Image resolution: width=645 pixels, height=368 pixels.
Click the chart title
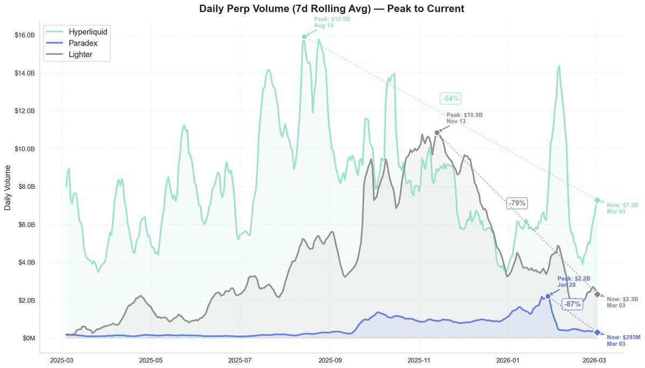pos(331,9)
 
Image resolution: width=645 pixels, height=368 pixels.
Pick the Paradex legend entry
pos(83,43)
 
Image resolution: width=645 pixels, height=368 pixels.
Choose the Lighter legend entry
pos(81,54)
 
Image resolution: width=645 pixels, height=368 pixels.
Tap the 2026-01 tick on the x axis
pos(508,359)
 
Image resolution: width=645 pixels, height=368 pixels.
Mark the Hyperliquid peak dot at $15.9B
pos(304,37)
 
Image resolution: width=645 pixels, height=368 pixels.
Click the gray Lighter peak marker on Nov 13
pos(437,132)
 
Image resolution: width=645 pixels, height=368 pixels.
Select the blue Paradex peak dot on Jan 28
pos(548,296)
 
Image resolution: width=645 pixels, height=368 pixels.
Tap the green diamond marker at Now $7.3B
pos(597,200)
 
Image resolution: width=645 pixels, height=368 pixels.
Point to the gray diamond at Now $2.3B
pos(597,294)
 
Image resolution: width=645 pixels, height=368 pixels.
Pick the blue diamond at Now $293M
pos(597,333)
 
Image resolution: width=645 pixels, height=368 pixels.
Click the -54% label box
pos(450,98)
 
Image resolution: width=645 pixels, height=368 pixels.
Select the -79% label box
pos(517,203)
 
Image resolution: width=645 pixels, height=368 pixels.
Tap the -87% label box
pos(572,304)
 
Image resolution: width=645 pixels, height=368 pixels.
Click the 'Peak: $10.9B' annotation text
pos(464,115)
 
